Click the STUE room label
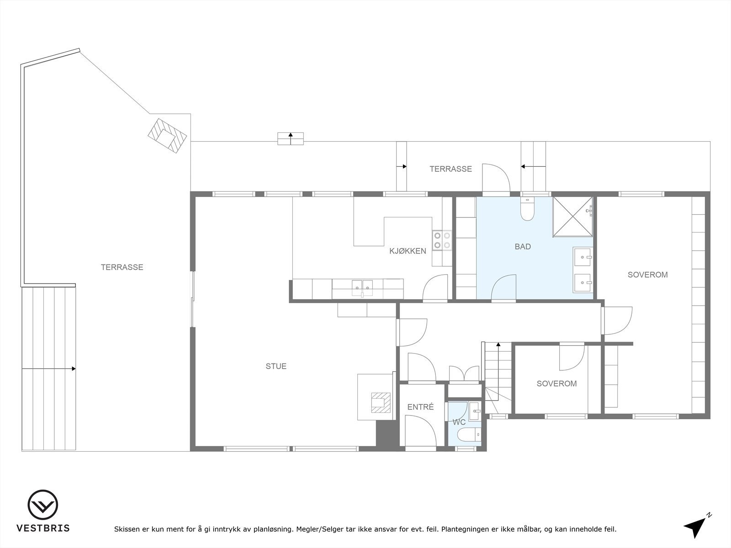[x=276, y=366]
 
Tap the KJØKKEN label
[x=408, y=251]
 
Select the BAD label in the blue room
[x=523, y=247]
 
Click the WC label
[x=459, y=422]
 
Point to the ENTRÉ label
[x=420, y=407]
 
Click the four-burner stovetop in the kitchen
[x=442, y=240]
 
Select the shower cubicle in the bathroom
[x=572, y=217]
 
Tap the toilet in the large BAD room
[x=527, y=210]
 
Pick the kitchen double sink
[x=362, y=287]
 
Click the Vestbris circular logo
[x=42, y=505]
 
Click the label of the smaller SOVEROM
[x=556, y=384]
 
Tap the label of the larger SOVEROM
[x=647, y=275]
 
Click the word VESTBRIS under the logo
[x=43, y=528]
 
